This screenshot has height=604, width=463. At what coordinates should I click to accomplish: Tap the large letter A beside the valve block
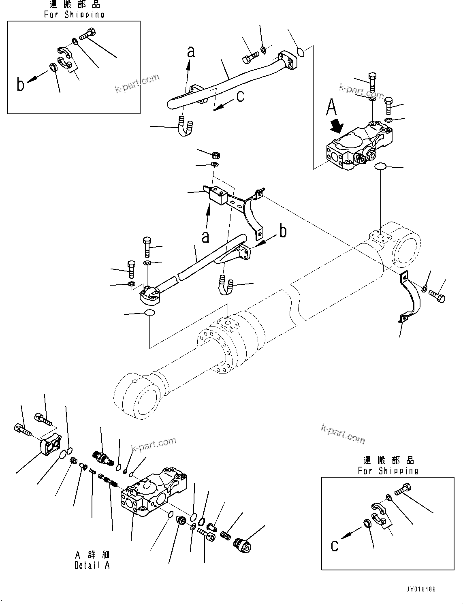point(331,108)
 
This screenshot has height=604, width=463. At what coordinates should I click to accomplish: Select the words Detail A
point(92,565)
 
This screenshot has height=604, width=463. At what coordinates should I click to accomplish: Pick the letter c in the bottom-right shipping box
point(334,546)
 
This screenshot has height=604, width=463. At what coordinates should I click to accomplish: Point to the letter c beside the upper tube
point(240,96)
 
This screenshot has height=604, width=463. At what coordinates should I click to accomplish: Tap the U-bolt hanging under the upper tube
point(185,126)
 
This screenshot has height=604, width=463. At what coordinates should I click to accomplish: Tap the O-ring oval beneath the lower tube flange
point(149,312)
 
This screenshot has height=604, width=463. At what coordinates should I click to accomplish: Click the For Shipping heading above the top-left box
point(74,14)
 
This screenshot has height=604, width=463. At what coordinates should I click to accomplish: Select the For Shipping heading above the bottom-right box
point(388,471)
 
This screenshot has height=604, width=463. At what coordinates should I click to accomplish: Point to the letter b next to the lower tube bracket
point(283,231)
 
